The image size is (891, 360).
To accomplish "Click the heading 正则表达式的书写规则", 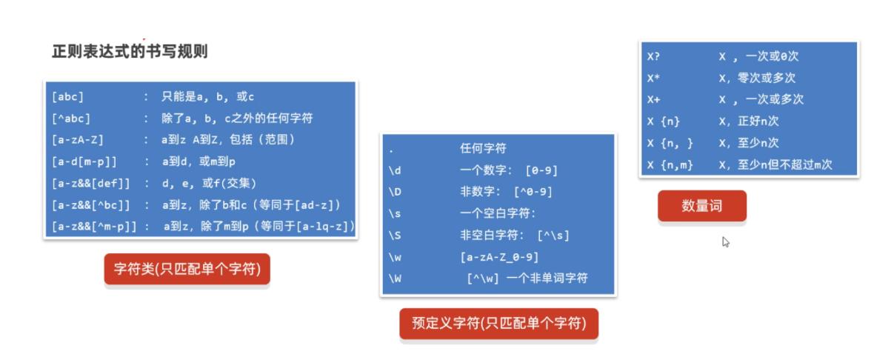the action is coord(130,51).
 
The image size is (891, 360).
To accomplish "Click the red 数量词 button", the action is coord(702,206).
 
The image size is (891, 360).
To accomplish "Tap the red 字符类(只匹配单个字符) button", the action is coord(187,269).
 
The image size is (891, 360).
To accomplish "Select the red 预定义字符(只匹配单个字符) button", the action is coord(498,324).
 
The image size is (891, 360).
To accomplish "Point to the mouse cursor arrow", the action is coord(726,241).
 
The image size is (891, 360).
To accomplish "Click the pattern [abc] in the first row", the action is coord(67,96).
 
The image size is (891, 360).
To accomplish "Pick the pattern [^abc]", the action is coord(71,119).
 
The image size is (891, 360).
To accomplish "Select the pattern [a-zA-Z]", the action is coord(78,140).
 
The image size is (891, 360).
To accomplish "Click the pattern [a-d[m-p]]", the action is coord(84,162).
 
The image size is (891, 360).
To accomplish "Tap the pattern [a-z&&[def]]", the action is coord(91,184).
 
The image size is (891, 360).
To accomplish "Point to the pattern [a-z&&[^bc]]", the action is coord(91,205).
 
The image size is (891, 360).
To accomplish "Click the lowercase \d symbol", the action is coord(395,170).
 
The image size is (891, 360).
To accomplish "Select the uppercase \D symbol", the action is coord(395,192).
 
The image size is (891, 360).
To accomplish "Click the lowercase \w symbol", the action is coord(395,257).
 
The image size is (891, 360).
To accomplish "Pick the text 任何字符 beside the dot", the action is coord(483,148).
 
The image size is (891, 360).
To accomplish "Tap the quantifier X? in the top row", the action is coord(653,56).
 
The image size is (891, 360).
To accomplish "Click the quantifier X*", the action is coord(653,78).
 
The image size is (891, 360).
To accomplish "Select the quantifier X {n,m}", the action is coord(670,164).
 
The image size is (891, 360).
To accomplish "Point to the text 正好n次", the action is coord(758,121).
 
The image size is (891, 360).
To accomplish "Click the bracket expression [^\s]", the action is coord(553,236).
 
